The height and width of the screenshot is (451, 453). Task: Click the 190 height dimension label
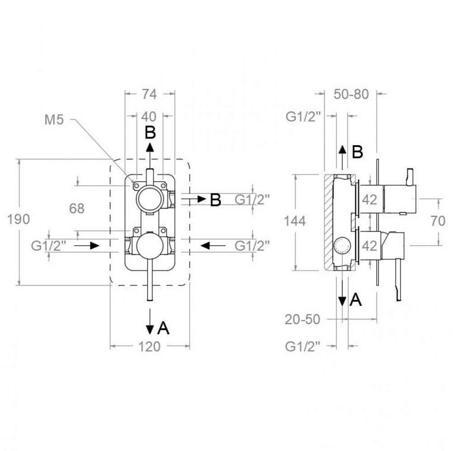[18, 219]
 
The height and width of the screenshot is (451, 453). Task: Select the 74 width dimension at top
[149, 94]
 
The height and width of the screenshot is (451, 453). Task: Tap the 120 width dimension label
[149, 346]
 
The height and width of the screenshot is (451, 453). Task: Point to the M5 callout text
[54, 120]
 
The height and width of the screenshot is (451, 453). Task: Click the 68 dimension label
[77, 208]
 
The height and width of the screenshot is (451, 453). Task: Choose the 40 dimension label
[149, 116]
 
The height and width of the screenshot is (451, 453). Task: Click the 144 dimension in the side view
[294, 221]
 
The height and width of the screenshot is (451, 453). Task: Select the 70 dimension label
[438, 221]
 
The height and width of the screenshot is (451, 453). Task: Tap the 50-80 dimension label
[351, 94]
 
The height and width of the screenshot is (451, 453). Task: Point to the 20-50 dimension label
[303, 319]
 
